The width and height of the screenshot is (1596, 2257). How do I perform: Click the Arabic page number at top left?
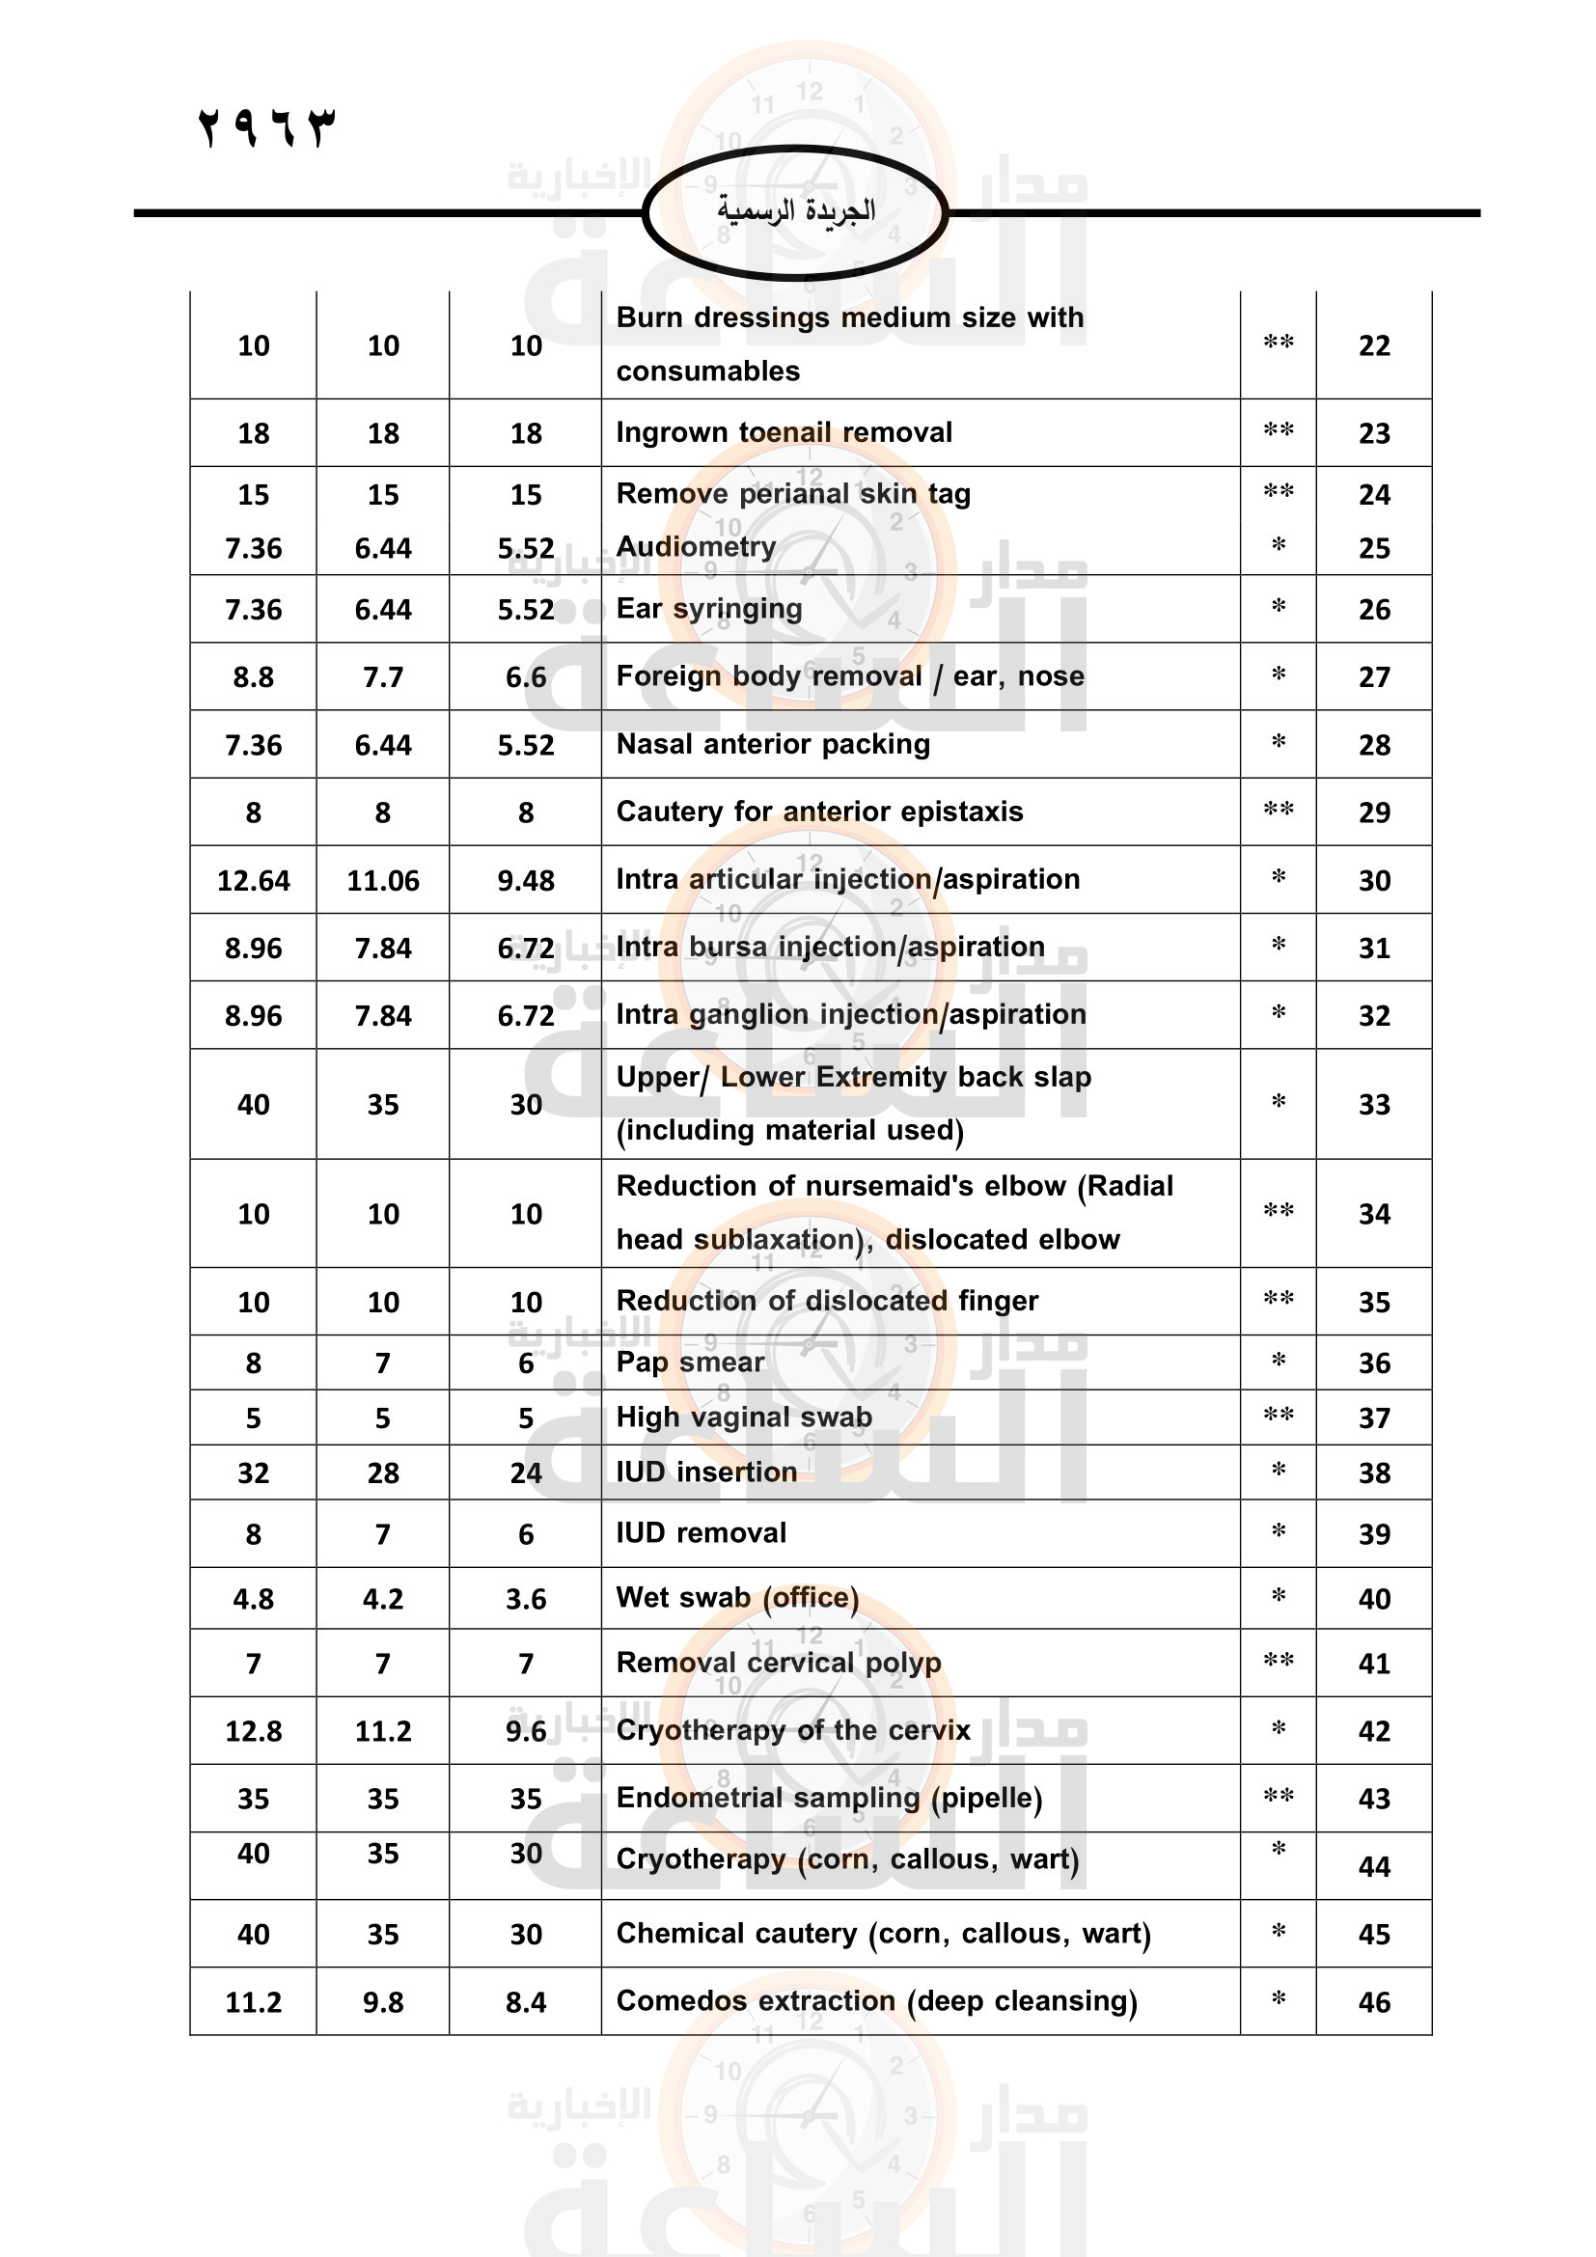click(x=266, y=127)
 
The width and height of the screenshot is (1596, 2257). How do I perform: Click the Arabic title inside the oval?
click(x=795, y=210)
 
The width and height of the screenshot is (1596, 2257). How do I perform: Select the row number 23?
click(x=1373, y=433)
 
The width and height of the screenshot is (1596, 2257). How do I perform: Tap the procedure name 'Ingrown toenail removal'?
click(x=784, y=432)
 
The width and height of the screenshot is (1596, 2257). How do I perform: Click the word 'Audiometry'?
click(x=696, y=546)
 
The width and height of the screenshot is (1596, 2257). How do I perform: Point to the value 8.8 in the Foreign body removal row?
click(x=253, y=677)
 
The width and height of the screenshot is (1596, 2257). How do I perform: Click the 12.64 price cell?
click(x=253, y=881)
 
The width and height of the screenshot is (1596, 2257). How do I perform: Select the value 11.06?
click(x=382, y=881)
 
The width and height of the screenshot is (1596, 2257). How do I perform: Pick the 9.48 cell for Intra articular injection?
click(x=526, y=881)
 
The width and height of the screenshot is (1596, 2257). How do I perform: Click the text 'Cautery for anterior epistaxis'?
click(x=818, y=812)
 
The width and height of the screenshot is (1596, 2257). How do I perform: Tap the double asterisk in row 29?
click(x=1278, y=810)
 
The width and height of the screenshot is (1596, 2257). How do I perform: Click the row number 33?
click(x=1373, y=1105)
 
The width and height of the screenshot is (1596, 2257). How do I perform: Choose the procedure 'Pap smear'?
click(x=689, y=1362)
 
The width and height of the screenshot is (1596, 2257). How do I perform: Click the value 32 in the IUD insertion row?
click(x=253, y=1473)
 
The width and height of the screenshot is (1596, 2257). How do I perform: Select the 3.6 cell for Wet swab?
click(x=526, y=1599)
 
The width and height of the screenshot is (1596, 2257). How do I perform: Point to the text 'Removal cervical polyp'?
click(x=778, y=1664)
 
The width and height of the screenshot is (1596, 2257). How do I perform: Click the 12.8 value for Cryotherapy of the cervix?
click(x=253, y=1731)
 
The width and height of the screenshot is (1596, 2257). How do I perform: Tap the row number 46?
click(x=1373, y=2002)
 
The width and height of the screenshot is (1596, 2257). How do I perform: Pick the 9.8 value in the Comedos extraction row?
click(x=382, y=2002)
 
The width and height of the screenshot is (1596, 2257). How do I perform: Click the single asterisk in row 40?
click(x=1278, y=1596)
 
